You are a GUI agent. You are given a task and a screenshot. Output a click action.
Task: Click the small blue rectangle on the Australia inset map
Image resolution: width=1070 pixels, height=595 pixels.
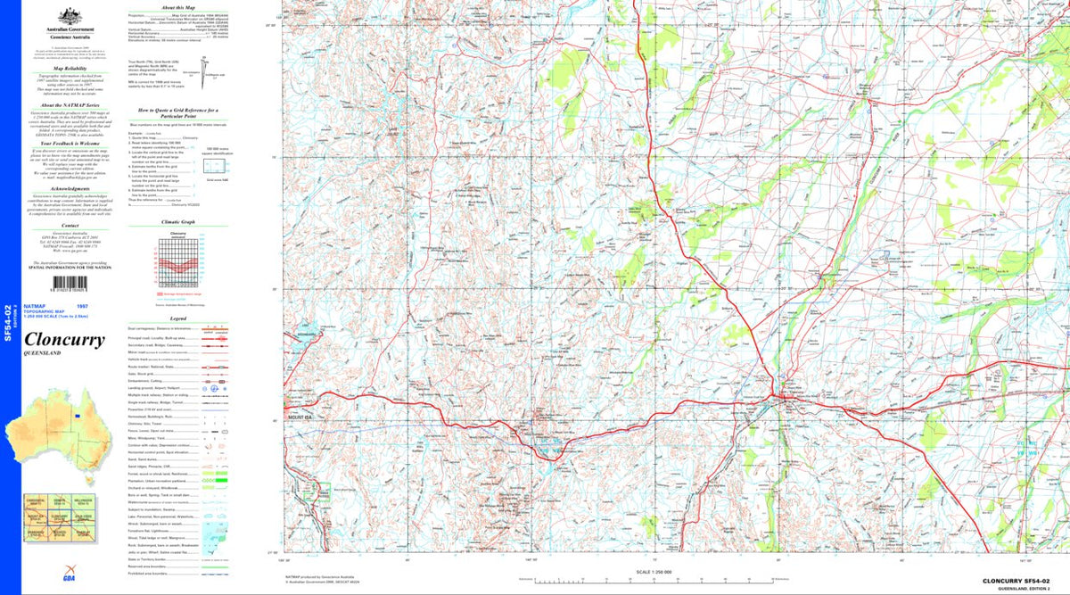tap(78, 416)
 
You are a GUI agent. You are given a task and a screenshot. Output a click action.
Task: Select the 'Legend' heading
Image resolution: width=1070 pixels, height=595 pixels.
tap(178, 318)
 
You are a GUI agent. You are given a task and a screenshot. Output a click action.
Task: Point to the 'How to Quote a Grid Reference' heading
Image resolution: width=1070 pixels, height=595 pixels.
tap(178, 111)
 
